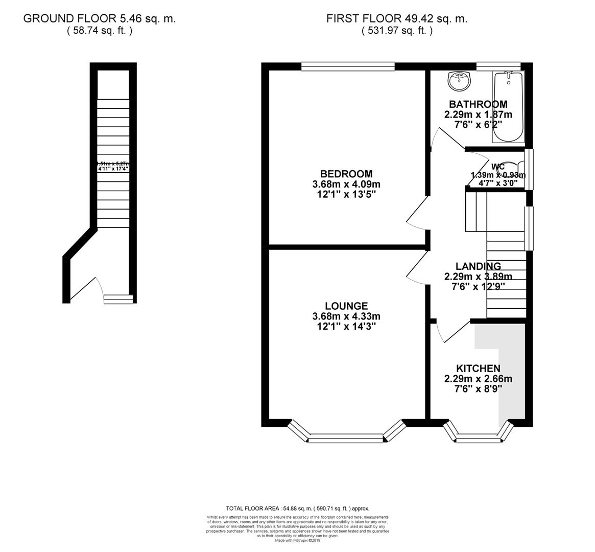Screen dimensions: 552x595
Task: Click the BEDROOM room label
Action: [347, 174]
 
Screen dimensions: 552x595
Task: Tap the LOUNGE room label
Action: [347, 306]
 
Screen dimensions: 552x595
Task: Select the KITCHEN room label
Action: [478, 369]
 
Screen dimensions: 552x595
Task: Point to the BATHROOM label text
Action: [478, 104]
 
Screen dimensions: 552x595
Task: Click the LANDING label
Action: [478, 266]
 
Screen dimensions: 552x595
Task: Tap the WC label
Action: [498, 167]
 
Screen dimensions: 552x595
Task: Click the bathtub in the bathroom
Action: [508, 107]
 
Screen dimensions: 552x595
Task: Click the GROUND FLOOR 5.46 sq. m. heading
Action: [100, 19]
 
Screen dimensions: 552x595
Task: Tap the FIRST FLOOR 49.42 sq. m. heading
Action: [397, 19]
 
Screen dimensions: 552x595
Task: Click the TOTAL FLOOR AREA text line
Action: [297, 509]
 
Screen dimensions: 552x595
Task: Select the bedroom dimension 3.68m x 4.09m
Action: [347, 184]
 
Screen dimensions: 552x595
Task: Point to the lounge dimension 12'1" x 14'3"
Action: [347, 327]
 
